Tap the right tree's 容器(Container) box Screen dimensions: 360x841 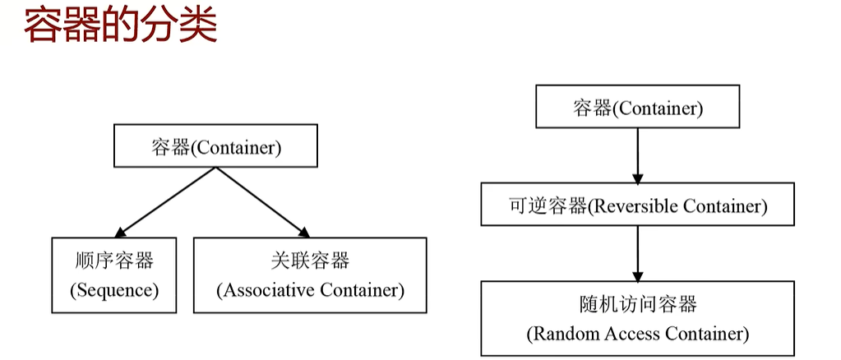point(638,108)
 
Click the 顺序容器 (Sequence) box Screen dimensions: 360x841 point(113,275)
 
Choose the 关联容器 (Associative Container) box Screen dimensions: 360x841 point(310,275)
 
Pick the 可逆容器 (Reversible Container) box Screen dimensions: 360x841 point(637,205)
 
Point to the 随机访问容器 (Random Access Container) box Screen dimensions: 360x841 point(637,319)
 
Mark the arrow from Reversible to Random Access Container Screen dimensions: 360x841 point(638,253)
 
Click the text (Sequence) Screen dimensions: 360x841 point(113,290)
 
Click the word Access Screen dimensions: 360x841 point(628,334)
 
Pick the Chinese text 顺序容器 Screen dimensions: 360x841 point(113,261)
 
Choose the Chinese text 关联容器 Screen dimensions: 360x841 point(310,261)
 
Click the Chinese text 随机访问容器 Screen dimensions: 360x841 point(637,304)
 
